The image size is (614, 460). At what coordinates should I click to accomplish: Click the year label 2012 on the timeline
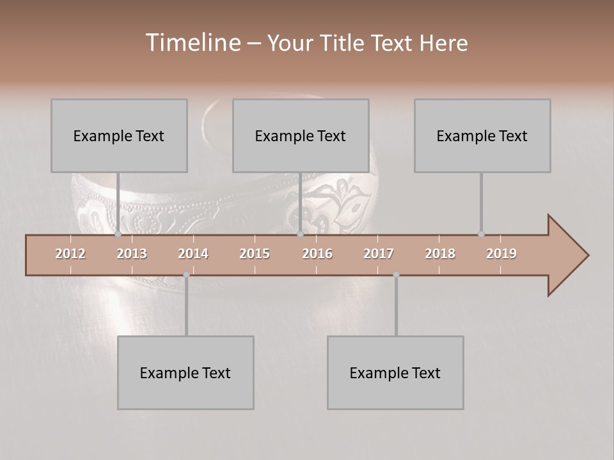click(x=70, y=254)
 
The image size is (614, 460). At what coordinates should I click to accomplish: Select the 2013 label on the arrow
click(x=132, y=254)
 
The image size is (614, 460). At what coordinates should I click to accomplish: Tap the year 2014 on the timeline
click(x=193, y=254)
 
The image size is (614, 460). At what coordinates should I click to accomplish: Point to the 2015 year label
click(x=255, y=254)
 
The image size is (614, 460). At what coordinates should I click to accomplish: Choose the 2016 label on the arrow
click(x=317, y=254)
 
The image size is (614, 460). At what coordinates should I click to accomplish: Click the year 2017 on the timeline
click(x=379, y=254)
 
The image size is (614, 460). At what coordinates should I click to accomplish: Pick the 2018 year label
click(x=440, y=254)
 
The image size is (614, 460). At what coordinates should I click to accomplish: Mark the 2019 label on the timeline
click(x=501, y=254)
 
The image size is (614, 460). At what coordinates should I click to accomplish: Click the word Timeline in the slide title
click(x=193, y=42)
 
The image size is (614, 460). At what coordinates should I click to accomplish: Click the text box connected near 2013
click(x=119, y=135)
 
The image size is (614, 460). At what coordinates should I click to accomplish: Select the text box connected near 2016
click(x=301, y=135)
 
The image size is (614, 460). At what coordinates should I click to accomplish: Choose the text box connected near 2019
click(x=482, y=135)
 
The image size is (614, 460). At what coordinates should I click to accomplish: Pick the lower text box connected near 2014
click(x=185, y=372)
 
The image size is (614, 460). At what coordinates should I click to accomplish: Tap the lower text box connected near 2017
click(x=395, y=372)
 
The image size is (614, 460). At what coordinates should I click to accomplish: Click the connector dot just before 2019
click(x=481, y=234)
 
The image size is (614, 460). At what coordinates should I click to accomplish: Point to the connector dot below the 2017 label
click(x=396, y=275)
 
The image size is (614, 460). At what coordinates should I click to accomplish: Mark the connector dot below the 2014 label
click(x=186, y=275)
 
